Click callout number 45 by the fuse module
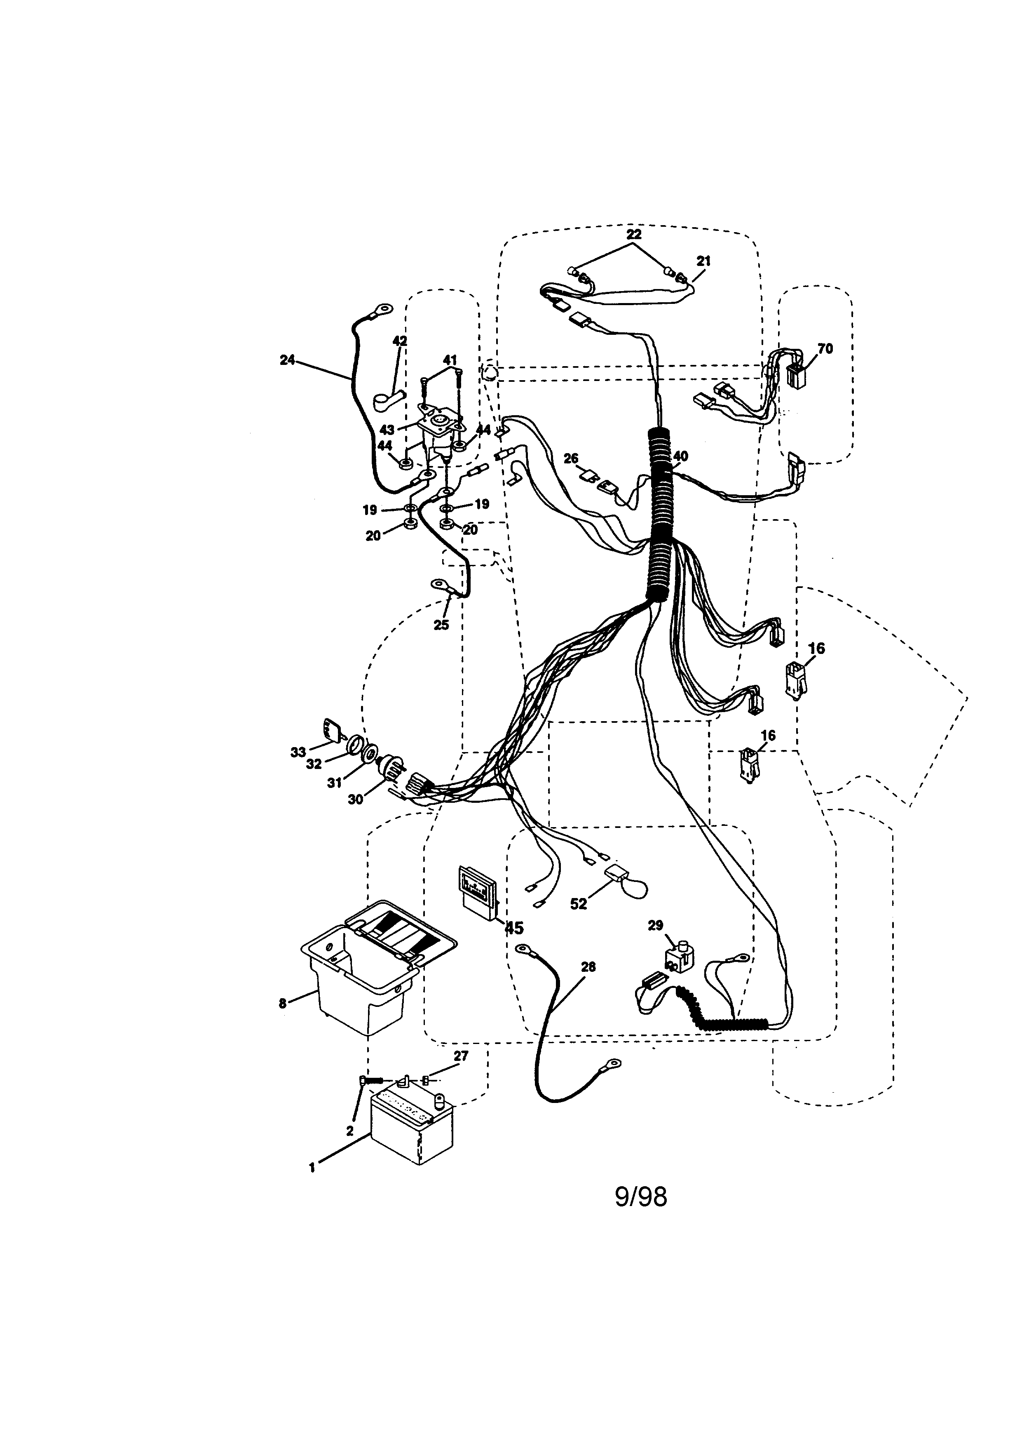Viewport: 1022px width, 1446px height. (514, 928)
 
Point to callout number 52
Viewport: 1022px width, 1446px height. (578, 904)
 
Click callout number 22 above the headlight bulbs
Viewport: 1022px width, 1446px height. (634, 234)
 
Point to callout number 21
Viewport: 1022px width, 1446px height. (703, 260)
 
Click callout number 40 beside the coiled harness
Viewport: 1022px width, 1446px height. (680, 456)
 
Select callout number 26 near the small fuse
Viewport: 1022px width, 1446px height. (571, 458)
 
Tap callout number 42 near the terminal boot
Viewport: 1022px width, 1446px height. (400, 341)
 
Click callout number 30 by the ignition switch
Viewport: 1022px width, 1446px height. (356, 799)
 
